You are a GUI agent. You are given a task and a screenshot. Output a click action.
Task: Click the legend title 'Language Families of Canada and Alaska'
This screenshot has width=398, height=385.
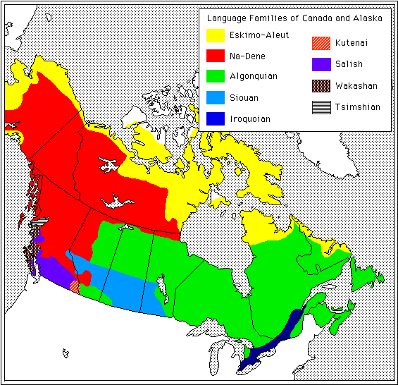[295, 19]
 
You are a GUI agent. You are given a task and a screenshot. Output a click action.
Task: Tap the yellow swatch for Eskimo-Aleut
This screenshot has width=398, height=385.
[215, 35]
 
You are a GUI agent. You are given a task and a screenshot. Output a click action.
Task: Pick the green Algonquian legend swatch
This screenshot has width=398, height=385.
[215, 76]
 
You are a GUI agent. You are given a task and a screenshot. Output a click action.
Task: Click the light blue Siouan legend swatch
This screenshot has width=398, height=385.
[215, 97]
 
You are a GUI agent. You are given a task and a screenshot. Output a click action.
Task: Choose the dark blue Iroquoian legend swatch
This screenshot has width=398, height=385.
[215, 118]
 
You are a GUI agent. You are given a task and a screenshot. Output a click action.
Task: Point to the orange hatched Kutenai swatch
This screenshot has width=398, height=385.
[321, 43]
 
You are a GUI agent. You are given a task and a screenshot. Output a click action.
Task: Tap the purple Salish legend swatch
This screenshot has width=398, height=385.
[321, 64]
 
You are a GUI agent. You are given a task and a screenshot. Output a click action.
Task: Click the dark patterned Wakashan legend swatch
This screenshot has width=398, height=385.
[321, 86]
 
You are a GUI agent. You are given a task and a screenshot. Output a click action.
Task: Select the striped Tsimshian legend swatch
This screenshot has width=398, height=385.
[321, 107]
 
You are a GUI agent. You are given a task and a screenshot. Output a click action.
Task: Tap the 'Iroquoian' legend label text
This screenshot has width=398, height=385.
[250, 119]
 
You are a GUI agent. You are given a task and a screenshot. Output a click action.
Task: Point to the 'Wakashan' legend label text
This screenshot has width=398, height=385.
[356, 86]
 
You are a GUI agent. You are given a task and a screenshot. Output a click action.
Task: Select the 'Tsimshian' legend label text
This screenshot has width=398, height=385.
[358, 107]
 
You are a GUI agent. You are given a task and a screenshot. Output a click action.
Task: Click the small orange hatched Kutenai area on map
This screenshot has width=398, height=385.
[75, 286]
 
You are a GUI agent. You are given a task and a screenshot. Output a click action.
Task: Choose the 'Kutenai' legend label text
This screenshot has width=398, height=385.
[352, 43]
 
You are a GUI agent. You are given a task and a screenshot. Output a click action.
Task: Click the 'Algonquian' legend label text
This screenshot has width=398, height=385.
[253, 76]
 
